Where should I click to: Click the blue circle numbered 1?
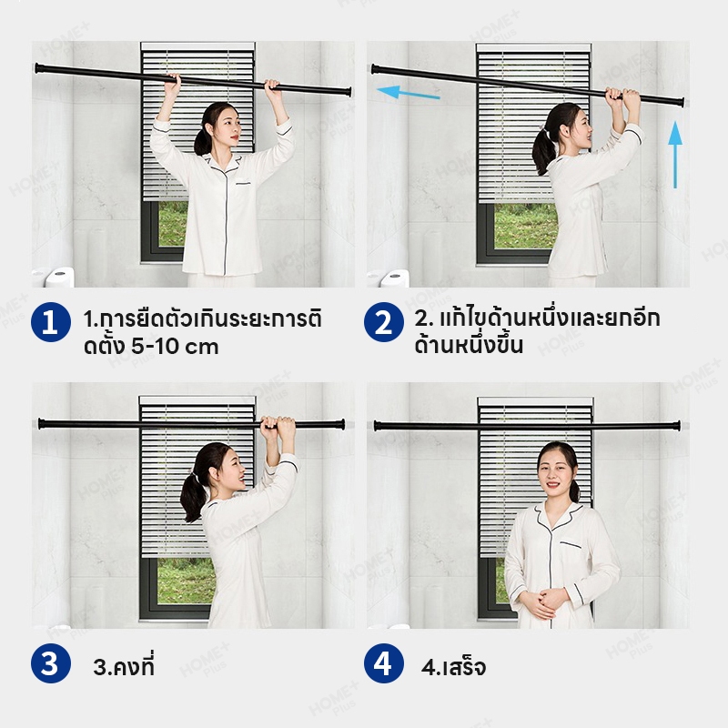[51, 322]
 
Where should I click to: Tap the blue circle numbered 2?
[383, 322]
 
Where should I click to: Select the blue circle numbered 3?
[51, 663]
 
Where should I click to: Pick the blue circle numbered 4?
[383, 663]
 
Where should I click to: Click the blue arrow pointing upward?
[675, 155]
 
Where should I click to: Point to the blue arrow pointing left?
[408, 92]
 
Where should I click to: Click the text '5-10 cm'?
[175, 347]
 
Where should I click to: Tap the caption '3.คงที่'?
[124, 666]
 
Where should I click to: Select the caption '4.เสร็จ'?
[453, 667]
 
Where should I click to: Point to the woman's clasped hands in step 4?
[545, 602]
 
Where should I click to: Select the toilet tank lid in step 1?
[60, 274]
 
